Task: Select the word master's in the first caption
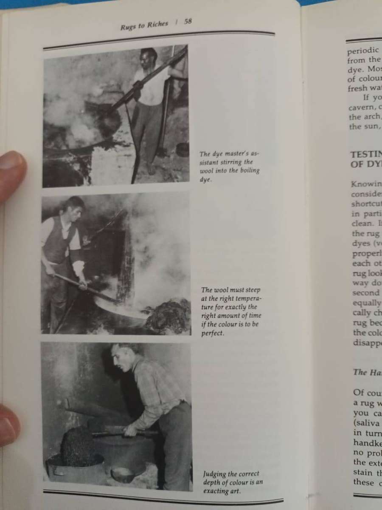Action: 233,154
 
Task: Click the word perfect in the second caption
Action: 213,333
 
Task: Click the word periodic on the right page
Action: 363,51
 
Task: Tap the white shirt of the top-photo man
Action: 149,87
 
